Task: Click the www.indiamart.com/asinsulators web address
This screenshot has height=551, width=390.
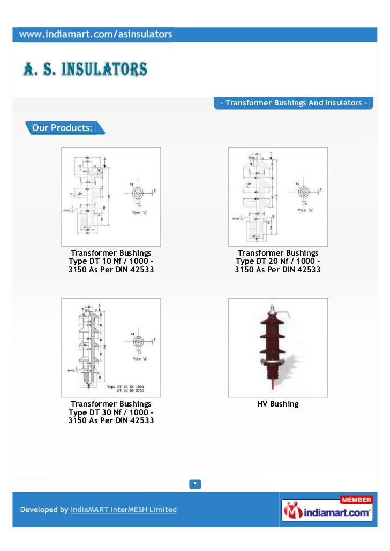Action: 96,35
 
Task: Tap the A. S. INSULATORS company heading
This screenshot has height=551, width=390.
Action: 85,69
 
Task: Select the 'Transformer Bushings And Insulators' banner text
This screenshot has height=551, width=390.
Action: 294,103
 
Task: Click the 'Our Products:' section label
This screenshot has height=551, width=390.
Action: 62,128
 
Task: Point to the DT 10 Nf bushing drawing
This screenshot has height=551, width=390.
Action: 111,196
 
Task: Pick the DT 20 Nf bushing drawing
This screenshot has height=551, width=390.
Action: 277,196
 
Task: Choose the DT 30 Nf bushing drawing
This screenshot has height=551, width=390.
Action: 111,347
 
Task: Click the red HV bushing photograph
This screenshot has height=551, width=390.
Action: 277,347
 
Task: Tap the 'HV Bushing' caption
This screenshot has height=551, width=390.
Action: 277,404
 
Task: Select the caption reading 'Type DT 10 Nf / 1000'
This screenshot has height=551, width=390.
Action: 111,261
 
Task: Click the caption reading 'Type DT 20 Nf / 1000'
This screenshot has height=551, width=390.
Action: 277,261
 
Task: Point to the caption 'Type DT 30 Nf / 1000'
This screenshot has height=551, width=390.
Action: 111,412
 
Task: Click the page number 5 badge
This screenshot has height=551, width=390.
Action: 195,485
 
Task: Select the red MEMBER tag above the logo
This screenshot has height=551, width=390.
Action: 356,500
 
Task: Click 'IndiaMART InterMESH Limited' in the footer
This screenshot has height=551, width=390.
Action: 124,510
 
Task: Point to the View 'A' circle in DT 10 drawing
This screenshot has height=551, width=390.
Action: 138,193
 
